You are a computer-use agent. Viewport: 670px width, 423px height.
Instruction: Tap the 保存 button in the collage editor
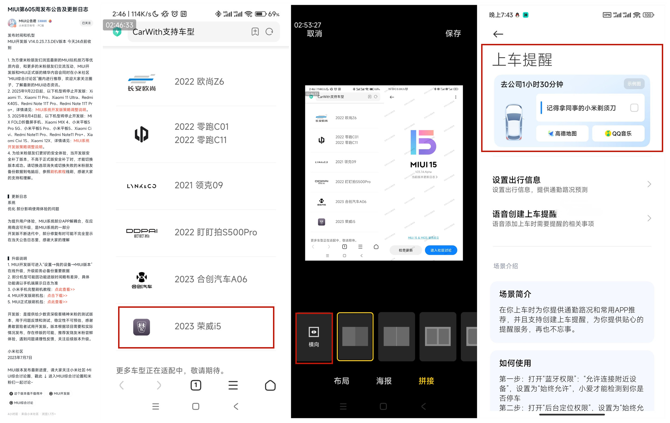click(453, 33)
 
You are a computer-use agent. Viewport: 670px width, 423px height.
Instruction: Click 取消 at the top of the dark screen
click(314, 33)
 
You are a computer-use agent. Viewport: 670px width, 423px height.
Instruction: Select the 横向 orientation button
click(314, 337)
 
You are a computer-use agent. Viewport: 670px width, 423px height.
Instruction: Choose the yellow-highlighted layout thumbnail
click(355, 336)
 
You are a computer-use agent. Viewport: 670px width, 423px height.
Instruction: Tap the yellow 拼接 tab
click(426, 381)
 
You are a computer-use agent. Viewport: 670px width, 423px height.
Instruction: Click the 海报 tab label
click(384, 381)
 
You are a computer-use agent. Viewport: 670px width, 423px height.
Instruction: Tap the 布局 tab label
click(341, 381)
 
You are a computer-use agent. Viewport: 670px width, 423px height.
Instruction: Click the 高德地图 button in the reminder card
click(562, 133)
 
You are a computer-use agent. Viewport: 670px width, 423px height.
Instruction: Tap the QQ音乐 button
click(618, 133)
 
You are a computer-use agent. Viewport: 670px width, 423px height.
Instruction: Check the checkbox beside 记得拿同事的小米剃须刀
click(634, 108)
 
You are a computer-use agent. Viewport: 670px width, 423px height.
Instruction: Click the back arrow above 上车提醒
click(498, 34)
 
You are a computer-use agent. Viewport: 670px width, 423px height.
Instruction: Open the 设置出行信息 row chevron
click(649, 184)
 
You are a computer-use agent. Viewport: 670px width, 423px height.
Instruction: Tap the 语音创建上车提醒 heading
click(524, 214)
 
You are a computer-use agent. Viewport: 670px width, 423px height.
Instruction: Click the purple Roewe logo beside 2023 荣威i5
click(142, 327)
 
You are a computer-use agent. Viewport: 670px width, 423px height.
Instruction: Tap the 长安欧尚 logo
click(142, 82)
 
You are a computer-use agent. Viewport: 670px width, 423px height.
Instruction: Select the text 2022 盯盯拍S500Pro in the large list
click(215, 232)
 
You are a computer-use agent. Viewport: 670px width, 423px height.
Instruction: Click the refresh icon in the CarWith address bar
click(269, 32)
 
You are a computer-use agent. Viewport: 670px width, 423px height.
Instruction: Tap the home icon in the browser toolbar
click(270, 385)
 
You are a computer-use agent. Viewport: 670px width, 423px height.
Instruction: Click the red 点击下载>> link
click(57, 296)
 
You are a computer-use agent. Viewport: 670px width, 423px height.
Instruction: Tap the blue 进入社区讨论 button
click(441, 250)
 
